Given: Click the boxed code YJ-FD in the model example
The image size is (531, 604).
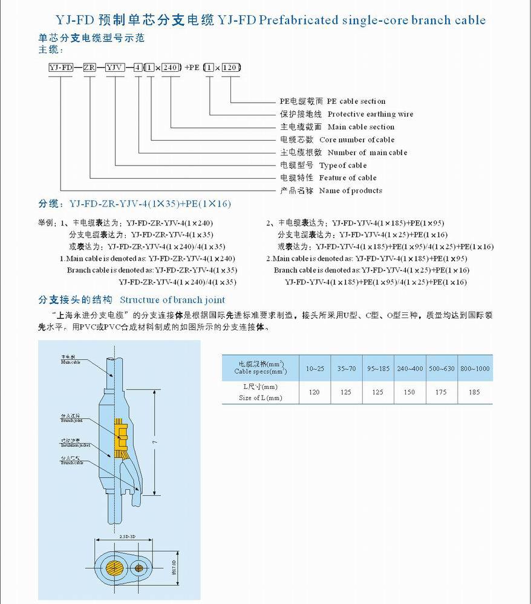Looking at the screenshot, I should point(60,67).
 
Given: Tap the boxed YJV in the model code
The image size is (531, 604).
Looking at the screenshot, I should point(115,67).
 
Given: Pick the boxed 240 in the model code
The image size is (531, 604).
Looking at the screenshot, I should point(171,67).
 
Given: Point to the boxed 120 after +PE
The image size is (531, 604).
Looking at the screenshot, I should point(231,67).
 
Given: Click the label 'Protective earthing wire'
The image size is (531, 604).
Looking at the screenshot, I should point(370,114).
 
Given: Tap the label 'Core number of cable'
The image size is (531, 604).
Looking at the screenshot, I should point(357,140).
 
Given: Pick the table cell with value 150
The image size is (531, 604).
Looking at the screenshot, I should point(409,392).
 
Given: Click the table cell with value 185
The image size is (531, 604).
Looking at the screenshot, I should point(474,392).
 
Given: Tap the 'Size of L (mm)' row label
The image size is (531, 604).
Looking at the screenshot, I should point(260,398).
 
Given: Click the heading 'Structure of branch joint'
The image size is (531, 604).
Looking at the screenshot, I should point(172,300).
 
